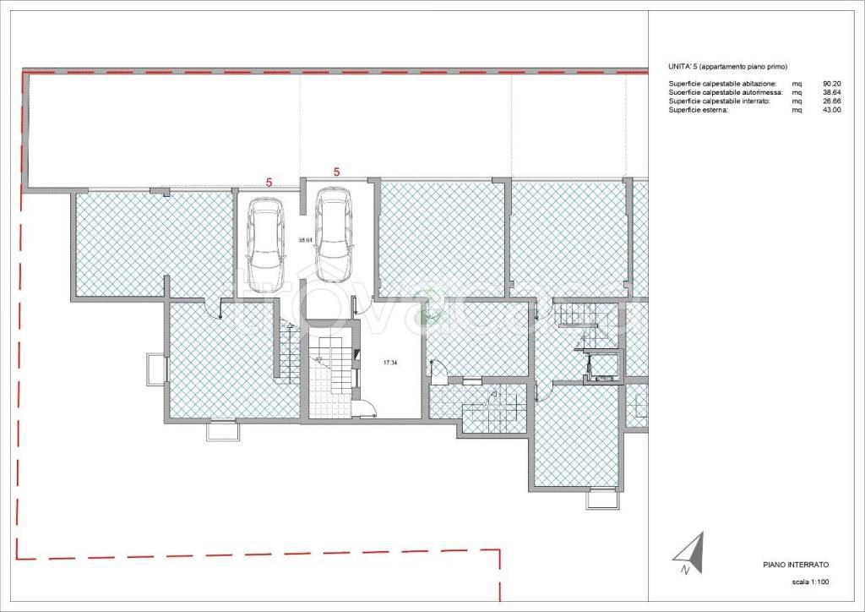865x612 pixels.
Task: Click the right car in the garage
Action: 334,234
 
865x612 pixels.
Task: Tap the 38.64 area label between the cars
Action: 305,240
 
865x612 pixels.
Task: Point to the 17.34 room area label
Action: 390,363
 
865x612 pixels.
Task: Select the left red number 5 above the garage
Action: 269,183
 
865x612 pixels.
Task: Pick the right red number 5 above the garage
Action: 336,172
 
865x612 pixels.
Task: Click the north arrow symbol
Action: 689,553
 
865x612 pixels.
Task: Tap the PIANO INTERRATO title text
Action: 796,565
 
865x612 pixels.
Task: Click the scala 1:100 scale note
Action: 810,582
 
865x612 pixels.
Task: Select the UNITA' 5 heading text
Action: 727,66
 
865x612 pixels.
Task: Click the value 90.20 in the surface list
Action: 832,84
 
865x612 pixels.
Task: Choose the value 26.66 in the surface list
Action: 832,101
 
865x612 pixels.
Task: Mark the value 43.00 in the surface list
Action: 832,111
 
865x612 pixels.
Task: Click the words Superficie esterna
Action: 699,111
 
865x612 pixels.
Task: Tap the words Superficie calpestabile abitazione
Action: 723,84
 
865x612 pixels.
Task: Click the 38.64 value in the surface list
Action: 832,93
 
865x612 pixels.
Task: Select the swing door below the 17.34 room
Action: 365,407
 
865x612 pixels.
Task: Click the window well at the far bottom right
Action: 603,500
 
